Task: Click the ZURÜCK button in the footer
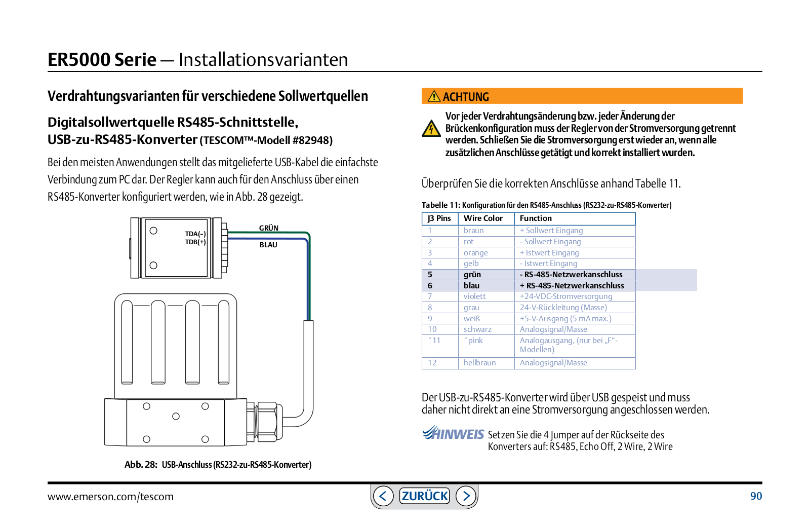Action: [x=424, y=496]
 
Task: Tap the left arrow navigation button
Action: [x=383, y=496]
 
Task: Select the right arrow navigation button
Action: [x=466, y=496]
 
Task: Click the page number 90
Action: [x=756, y=496]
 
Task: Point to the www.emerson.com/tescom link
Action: [x=110, y=497]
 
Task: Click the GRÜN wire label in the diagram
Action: [x=269, y=228]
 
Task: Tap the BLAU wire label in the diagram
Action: [x=268, y=245]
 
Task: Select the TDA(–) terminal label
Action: [x=195, y=234]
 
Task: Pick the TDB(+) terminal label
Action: [x=195, y=242]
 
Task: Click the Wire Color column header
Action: [x=483, y=218]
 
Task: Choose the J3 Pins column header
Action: [x=439, y=218]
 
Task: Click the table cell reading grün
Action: [x=472, y=275]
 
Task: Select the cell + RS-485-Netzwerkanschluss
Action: [x=572, y=286]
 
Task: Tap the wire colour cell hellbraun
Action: [x=479, y=363]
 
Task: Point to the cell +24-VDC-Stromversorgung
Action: [x=566, y=296]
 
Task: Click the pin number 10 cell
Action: [x=432, y=329]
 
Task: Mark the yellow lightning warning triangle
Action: [x=431, y=129]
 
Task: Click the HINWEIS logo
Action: [x=453, y=433]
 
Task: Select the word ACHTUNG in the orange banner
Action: [x=466, y=97]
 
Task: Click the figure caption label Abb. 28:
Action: [x=141, y=465]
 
